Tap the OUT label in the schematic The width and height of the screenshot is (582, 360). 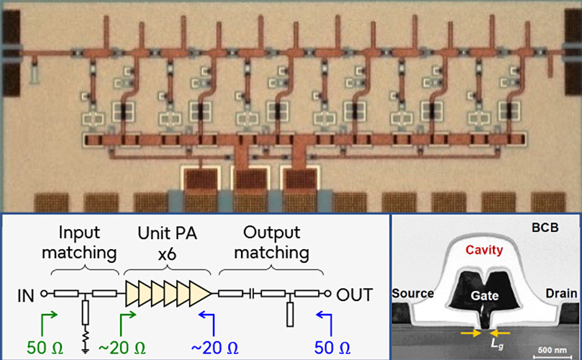click(x=353, y=294)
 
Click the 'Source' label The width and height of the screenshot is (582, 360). click(x=414, y=294)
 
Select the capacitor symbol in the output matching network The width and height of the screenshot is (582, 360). click(x=249, y=294)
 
